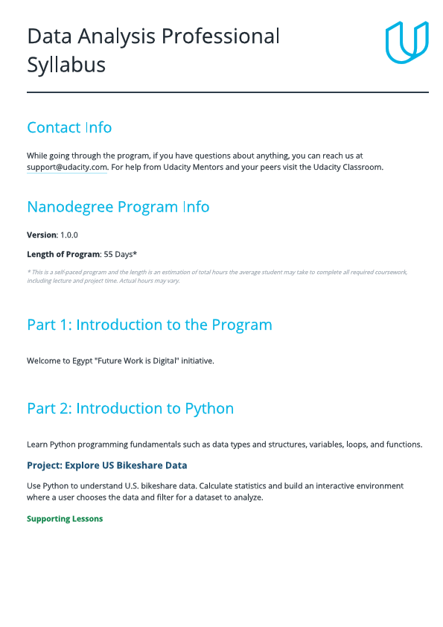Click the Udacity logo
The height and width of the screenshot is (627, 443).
(x=407, y=42)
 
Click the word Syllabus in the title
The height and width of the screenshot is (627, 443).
(x=66, y=65)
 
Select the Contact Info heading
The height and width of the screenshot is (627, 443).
(x=69, y=127)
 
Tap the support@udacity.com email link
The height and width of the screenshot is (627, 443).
(x=67, y=168)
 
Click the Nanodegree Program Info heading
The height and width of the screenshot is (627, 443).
(x=118, y=207)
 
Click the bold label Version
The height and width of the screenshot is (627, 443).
(x=42, y=235)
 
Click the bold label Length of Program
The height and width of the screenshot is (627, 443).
(x=63, y=255)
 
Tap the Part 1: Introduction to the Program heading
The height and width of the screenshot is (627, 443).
(x=149, y=325)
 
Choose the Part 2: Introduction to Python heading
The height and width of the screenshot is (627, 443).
(x=130, y=408)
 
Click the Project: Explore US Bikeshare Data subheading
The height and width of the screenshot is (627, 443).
(x=107, y=465)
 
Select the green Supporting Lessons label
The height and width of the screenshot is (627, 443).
(x=65, y=518)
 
